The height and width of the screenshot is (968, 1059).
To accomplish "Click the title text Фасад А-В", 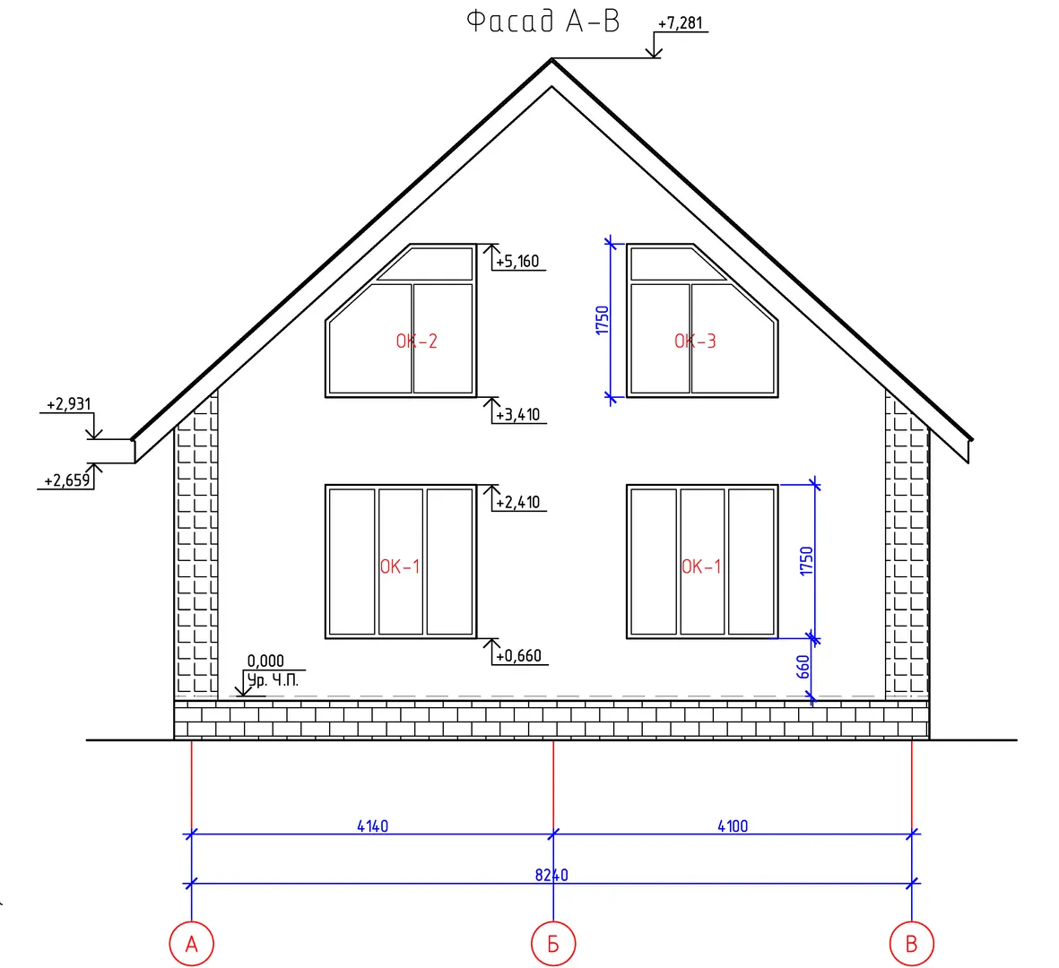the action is (x=543, y=21).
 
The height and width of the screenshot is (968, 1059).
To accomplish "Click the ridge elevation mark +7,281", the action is (x=680, y=23).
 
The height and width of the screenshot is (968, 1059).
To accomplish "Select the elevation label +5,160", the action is (x=517, y=261).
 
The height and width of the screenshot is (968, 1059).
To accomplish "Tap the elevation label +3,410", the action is (x=518, y=414).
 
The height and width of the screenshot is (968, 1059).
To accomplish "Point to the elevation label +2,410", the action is (x=518, y=502).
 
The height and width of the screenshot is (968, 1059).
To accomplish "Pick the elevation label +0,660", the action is (x=518, y=656).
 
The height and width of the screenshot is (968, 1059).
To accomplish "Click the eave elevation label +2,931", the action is (x=68, y=404).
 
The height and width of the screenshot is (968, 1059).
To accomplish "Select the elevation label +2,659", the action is (x=67, y=480).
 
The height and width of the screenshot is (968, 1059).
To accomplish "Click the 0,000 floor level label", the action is (x=265, y=661).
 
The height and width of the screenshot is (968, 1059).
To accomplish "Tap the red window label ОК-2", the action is (x=417, y=341).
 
